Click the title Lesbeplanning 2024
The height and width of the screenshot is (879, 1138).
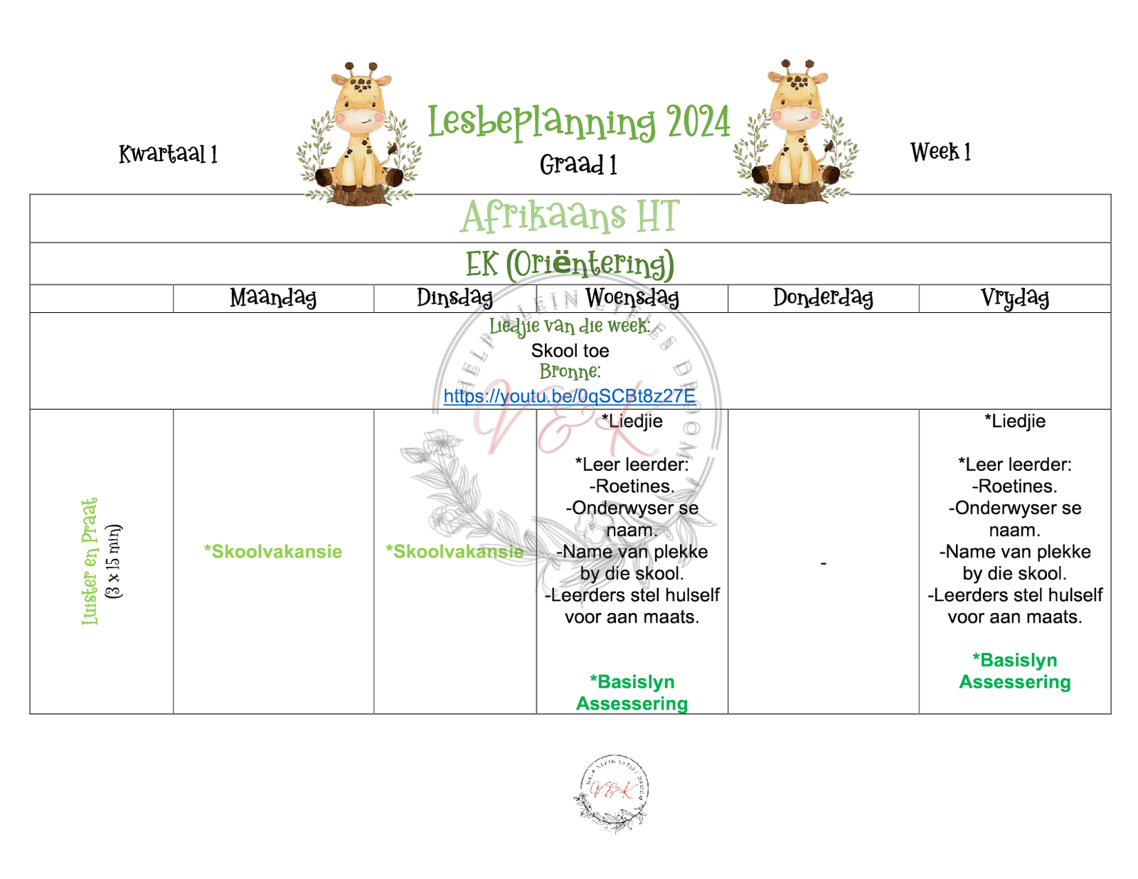578,122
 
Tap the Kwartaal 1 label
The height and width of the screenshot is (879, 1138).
168,154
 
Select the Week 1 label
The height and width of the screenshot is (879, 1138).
940,152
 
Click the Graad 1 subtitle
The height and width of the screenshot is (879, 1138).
578,165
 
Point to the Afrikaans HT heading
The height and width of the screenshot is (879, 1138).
570,217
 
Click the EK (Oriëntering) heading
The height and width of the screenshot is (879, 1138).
570,264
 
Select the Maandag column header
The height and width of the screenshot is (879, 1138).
273,298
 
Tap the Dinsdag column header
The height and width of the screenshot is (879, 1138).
454,298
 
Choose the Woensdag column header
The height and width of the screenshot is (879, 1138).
632,298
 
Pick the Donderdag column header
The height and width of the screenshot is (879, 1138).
823,298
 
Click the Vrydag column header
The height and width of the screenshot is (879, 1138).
1014,298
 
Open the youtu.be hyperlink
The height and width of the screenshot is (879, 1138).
570,396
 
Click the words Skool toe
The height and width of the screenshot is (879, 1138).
570,351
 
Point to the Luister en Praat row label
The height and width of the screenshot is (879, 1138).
90,562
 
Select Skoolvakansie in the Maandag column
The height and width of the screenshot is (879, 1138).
273,552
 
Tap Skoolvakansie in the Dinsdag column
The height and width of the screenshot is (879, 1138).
454,552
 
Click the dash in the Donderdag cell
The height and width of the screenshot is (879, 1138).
823,563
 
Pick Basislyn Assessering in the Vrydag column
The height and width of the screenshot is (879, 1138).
1014,671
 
